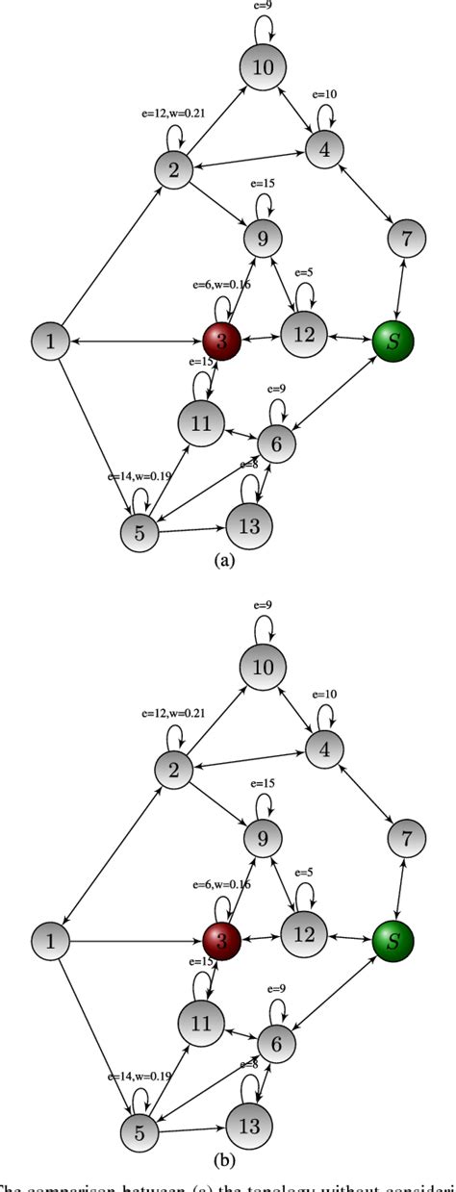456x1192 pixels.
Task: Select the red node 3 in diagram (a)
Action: [x=223, y=341]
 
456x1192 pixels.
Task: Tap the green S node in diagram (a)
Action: [x=393, y=341]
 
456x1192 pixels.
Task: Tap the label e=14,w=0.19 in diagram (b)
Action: [x=138, y=1075]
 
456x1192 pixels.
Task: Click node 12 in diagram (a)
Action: [x=305, y=339]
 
